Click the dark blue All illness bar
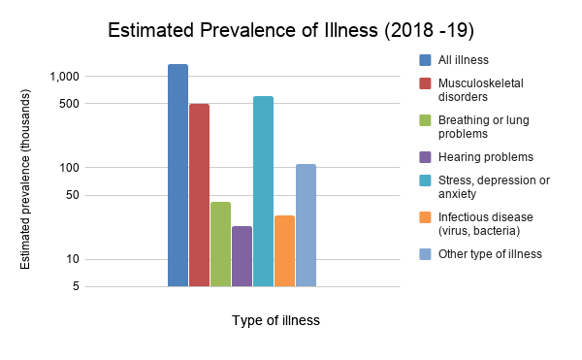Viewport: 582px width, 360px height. pos(178,176)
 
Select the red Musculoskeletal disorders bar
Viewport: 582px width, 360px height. pos(199,195)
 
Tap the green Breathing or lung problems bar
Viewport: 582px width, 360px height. pos(220,245)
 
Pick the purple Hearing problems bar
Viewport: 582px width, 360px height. pos(242,256)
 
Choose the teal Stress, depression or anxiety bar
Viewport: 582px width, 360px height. pos(263,191)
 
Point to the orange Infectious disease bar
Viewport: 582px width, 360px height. pos(284,251)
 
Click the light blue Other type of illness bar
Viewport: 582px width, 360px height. pos(306,225)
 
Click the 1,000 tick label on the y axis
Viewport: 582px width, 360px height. pos(65,77)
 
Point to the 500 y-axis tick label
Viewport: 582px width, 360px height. pos(70,104)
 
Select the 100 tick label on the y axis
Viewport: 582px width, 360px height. pos(70,168)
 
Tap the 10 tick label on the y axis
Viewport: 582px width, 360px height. pos(73,259)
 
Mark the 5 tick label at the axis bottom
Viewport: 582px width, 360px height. pos(76,286)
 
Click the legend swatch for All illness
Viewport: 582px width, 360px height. pos(425,60)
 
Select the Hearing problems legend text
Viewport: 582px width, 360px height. pos(486,157)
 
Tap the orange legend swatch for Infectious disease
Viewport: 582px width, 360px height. pos(425,217)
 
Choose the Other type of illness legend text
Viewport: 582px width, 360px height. pos(490,254)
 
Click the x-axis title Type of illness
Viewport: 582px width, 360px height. pos(275,320)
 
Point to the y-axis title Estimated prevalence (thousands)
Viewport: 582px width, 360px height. pos(25,180)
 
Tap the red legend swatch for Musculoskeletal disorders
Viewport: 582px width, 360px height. pos(425,83)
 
